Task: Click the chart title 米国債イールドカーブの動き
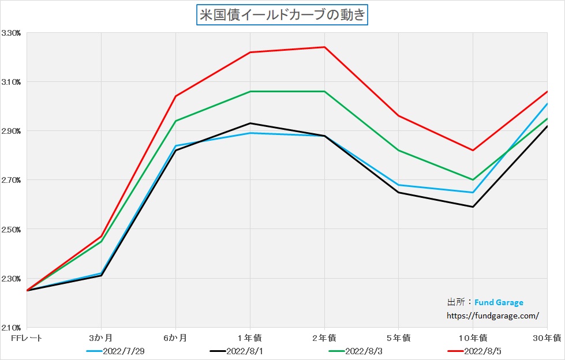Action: pos(282,15)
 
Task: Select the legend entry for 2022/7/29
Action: pos(120,351)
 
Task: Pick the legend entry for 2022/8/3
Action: pos(364,351)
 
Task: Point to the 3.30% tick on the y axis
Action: pos(12,33)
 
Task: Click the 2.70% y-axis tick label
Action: pos(12,180)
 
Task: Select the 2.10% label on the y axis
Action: pos(12,327)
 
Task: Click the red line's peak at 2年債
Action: pos(324,47)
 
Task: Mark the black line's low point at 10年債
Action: pos(473,207)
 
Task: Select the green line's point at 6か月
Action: pos(175,121)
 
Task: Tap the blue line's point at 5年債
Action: pos(399,185)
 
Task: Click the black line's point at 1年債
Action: pos(250,123)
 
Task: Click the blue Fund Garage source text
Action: pos(499,302)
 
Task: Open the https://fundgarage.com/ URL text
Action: pos(493,316)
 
